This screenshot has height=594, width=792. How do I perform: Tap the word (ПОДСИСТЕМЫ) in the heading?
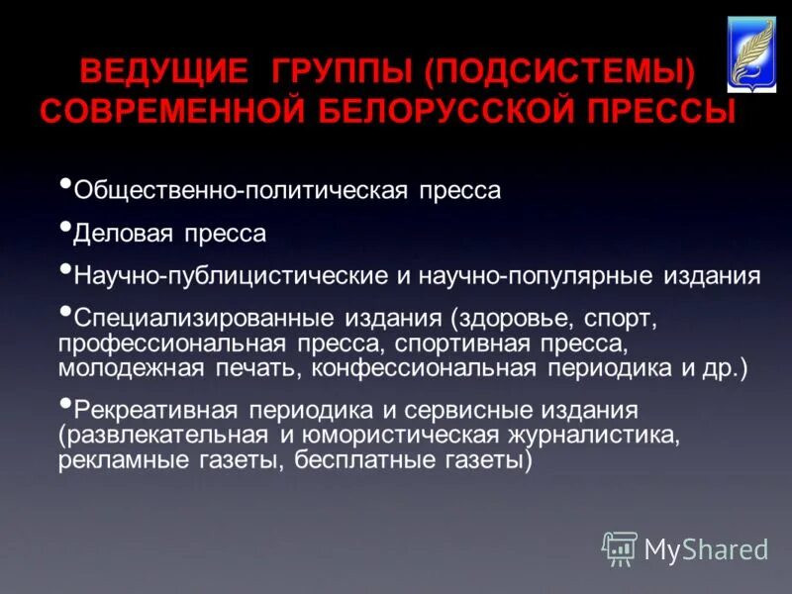tap(556, 72)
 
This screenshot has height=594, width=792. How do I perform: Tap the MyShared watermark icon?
tap(619, 547)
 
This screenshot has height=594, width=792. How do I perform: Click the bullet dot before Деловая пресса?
tap(65, 227)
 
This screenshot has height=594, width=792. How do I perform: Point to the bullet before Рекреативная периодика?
tap(65, 403)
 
